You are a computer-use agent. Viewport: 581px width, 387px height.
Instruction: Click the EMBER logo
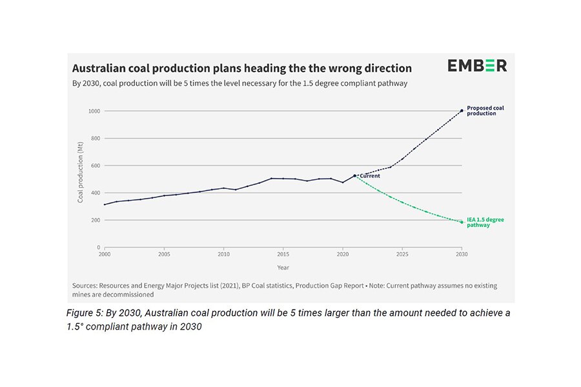477,66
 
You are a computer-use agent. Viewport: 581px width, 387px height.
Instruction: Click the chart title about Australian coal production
241,68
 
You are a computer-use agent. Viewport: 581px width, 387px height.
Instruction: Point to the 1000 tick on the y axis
94,111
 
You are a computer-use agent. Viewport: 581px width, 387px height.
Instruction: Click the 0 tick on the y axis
98,247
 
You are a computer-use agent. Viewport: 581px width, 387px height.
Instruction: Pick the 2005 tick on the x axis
164,253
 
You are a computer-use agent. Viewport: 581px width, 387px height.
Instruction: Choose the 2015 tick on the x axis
283,253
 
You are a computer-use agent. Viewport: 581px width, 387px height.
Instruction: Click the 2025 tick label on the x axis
402,253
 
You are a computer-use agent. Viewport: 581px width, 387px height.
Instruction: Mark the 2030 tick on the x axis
461,253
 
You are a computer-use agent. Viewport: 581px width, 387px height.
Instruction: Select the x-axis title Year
283,266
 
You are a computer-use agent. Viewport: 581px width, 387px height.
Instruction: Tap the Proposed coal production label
485,110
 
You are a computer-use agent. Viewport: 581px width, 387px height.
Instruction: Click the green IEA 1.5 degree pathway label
485,222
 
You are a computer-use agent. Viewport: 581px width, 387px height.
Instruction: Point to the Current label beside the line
369,175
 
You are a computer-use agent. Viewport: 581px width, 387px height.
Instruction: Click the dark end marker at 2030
461,110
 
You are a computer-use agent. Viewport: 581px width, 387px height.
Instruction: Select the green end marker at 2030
461,222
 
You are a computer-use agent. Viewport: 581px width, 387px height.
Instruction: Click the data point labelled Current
354,175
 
